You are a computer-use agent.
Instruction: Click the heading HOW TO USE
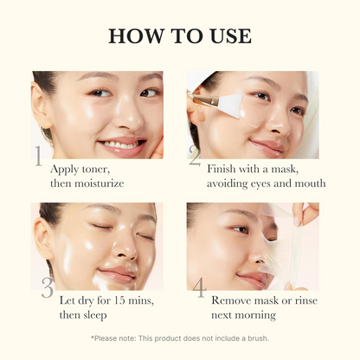[180, 35]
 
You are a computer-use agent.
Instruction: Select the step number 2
[195, 156]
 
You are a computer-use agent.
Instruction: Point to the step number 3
[47, 288]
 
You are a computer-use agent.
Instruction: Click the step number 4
[200, 288]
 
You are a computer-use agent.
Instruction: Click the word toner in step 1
[95, 170]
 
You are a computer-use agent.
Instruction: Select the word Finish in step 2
[224, 170]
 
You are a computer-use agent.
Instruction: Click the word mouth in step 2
[308, 183]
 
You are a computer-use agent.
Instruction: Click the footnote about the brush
[180, 337]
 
